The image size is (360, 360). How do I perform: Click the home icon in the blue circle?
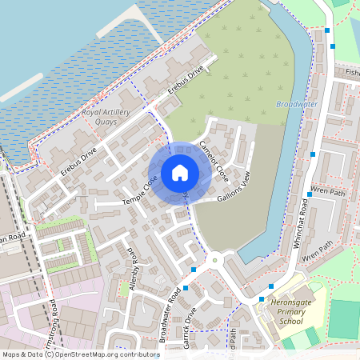pyautogui.click(x=180, y=173)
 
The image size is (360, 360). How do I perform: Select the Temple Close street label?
pyautogui.click(x=139, y=194)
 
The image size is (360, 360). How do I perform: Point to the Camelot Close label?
pyautogui.click(x=213, y=160)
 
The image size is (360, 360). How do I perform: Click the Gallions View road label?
pyautogui.click(x=234, y=186)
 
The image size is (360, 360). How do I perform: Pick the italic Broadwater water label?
pyautogui.click(x=296, y=104)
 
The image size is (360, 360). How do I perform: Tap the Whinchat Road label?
pyautogui.click(x=303, y=229)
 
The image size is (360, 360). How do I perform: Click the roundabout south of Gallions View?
pyautogui.click(x=214, y=260)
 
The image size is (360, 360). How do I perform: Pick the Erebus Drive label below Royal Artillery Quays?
pyautogui.click(x=78, y=161)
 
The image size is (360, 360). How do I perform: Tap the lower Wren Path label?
pyautogui.click(x=317, y=250)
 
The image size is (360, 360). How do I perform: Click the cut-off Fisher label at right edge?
pyautogui.click(x=352, y=72)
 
